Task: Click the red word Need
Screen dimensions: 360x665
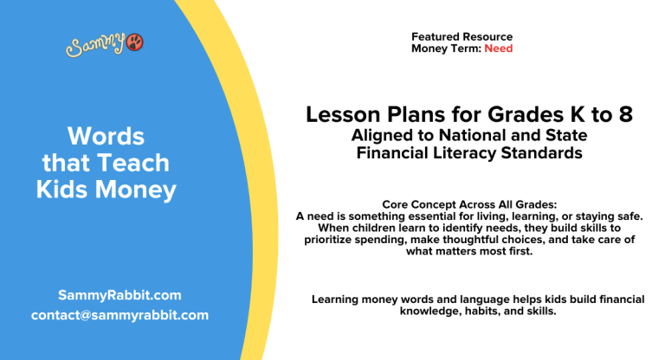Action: coord(498,49)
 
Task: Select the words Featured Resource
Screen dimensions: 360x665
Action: coord(462,37)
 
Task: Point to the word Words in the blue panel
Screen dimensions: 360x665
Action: coord(107,136)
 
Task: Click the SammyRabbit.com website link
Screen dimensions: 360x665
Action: coord(119,294)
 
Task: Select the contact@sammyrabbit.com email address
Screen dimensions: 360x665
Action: coord(119,315)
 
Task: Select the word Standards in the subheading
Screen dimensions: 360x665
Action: coord(542,153)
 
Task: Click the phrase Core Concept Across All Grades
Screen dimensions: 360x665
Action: coord(468,204)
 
